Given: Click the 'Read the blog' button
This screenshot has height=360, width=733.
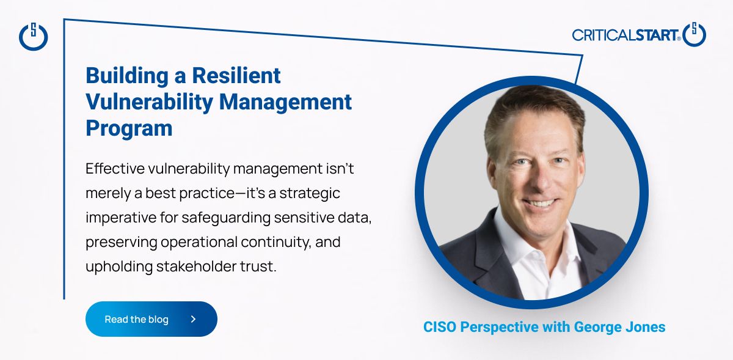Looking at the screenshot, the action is coord(151,319).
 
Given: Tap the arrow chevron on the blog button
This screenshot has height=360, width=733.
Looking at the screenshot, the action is coord(194,319).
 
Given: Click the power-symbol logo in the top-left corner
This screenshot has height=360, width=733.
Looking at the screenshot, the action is coord(34,36).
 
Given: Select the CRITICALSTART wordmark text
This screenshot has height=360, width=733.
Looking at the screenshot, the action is coord(626,35).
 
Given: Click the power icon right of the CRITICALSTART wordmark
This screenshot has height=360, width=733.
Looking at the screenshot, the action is coord(694,34).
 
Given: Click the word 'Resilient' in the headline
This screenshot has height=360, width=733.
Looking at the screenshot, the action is coord(236,76).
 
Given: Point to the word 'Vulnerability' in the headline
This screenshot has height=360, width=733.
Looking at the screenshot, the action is coord(150,102).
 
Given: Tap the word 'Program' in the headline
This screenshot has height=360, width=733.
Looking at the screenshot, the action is coord(129,128).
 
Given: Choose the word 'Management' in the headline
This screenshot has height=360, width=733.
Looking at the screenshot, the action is coord(285,102).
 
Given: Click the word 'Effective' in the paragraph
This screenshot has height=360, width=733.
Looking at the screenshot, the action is coord(115,169).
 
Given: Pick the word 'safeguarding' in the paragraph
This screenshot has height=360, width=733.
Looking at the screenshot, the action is coord(226,218).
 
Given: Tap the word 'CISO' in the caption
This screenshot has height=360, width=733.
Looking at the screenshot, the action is coord(440,327).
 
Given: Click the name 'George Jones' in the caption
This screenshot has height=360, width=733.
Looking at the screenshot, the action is coord(620,327).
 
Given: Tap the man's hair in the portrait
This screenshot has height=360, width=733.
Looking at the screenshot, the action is coord(533,105).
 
